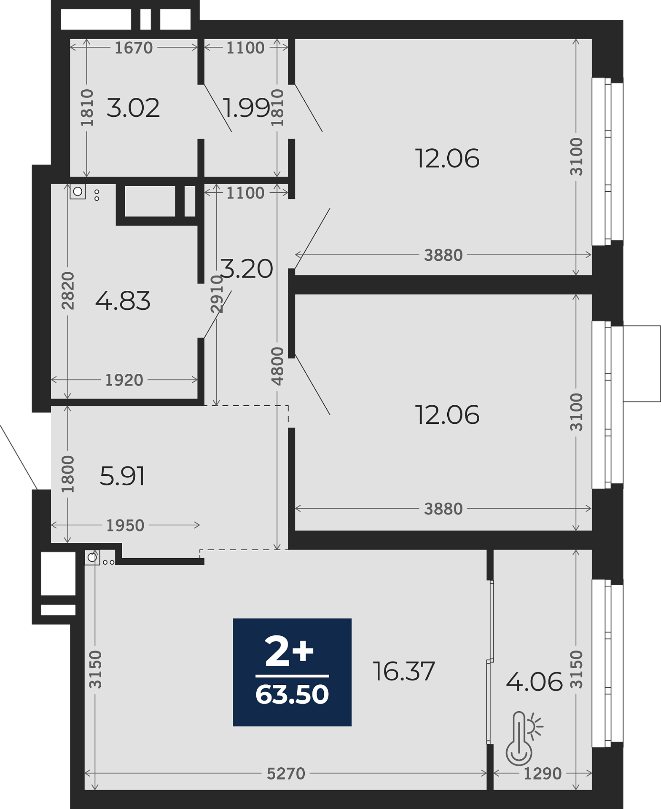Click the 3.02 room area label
(x=133, y=108)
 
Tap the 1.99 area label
(x=246, y=108)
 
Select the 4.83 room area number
(x=123, y=301)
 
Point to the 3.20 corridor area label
(x=247, y=269)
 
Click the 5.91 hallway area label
(x=122, y=476)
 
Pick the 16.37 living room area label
(x=404, y=671)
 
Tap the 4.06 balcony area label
(x=535, y=682)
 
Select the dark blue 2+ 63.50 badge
(x=292, y=672)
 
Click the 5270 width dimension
(x=286, y=774)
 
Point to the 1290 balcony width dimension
(x=543, y=774)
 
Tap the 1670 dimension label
(x=134, y=48)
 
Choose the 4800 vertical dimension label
(x=277, y=366)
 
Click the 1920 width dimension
(x=124, y=380)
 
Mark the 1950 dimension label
(x=125, y=525)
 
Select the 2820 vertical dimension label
(x=68, y=291)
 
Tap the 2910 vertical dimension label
(x=217, y=294)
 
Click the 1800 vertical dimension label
(x=68, y=474)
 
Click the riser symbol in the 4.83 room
(x=78, y=192)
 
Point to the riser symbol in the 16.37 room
(x=92, y=557)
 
